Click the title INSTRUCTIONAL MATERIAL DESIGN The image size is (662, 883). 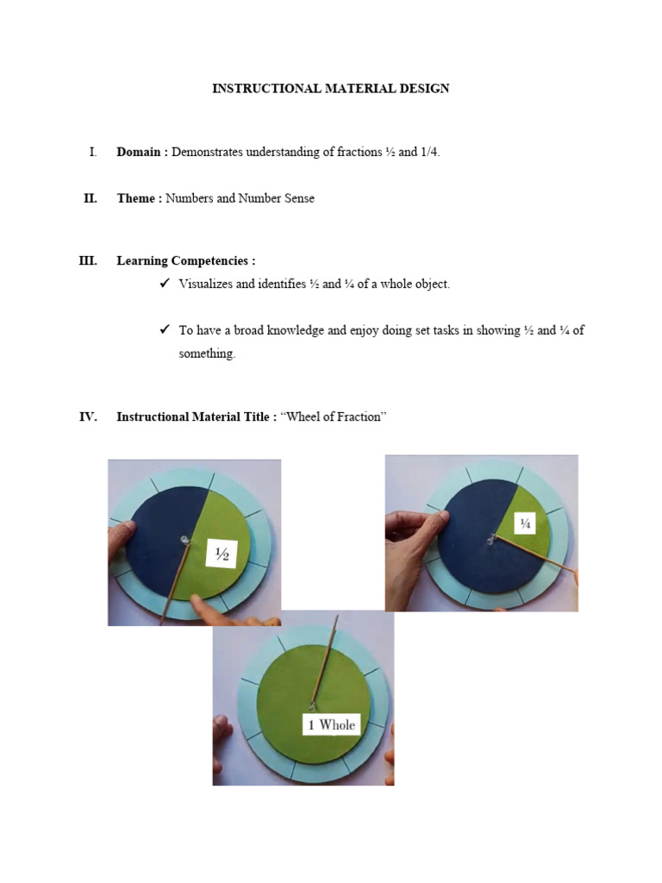[x=331, y=89]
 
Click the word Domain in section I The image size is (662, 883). [x=138, y=152]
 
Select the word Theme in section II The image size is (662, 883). [x=136, y=198]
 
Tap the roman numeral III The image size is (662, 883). [x=88, y=260]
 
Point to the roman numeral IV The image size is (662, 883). [x=88, y=416]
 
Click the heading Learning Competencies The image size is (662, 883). [x=186, y=260]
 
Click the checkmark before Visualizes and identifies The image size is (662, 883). [x=165, y=284]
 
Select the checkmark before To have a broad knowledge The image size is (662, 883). [x=165, y=330]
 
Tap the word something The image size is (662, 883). [x=206, y=354]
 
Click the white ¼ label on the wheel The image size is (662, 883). [x=526, y=523]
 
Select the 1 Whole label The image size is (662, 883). [x=332, y=724]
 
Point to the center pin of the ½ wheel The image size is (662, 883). [x=185, y=541]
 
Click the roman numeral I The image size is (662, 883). [x=92, y=152]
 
